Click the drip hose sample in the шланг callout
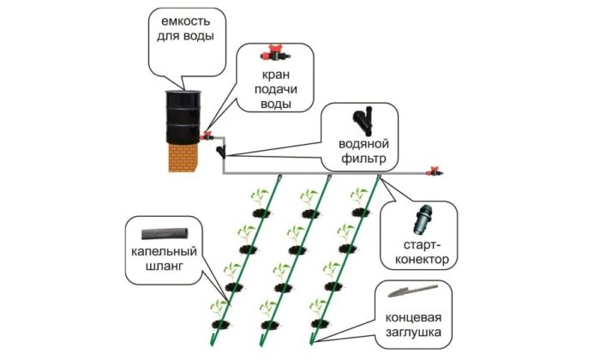(165, 232)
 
